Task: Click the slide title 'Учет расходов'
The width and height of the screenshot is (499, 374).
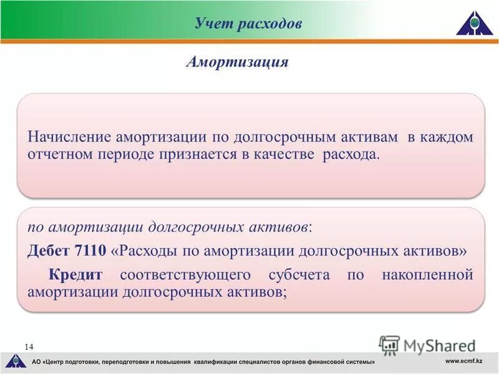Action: point(248,24)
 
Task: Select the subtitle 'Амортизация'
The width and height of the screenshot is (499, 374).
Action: point(237,62)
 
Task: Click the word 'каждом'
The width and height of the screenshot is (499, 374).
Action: point(448,137)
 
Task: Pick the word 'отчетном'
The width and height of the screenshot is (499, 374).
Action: point(60,154)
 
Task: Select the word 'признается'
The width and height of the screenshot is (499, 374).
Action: point(196,154)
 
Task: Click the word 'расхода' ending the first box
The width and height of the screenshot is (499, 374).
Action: point(350,154)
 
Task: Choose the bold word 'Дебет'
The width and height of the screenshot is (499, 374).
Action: point(49,251)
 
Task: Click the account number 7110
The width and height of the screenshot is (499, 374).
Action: point(90,251)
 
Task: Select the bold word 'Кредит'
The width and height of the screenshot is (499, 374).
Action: point(75,274)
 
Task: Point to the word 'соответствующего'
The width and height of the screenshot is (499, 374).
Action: point(185,274)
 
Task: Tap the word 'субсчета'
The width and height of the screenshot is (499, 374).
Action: point(299,274)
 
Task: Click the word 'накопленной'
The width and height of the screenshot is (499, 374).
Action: point(427,274)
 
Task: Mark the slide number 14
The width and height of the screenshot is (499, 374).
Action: point(29,346)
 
